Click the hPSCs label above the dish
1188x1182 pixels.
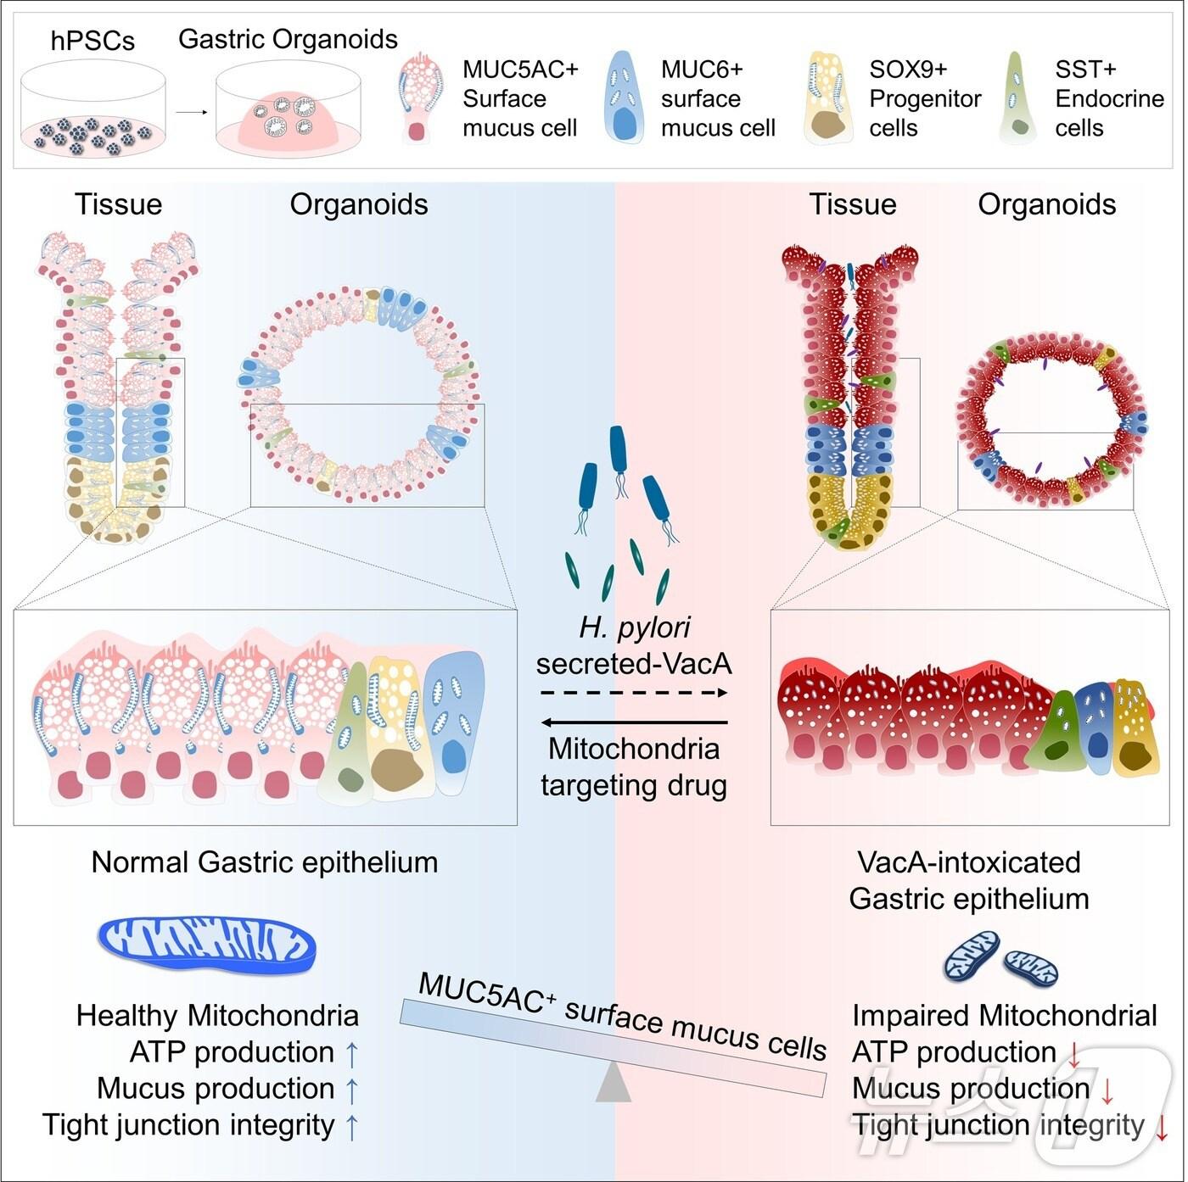92,41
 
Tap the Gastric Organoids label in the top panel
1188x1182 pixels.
288,39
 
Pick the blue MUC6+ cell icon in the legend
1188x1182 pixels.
626,96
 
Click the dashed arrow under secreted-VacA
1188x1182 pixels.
634,693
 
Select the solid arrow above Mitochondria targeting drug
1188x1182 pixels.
634,722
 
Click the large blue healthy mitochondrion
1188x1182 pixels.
207,944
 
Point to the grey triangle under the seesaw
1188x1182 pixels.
613,1084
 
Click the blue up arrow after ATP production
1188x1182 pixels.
352,1054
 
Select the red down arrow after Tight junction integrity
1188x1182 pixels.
1162,1127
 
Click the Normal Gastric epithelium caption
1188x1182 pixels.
265,862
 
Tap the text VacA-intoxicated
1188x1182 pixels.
969,862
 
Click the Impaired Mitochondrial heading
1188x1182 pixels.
1005,1016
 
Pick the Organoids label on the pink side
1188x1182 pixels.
1046,204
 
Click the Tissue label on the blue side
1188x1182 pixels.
118,204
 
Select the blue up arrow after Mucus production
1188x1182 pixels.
352,1090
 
